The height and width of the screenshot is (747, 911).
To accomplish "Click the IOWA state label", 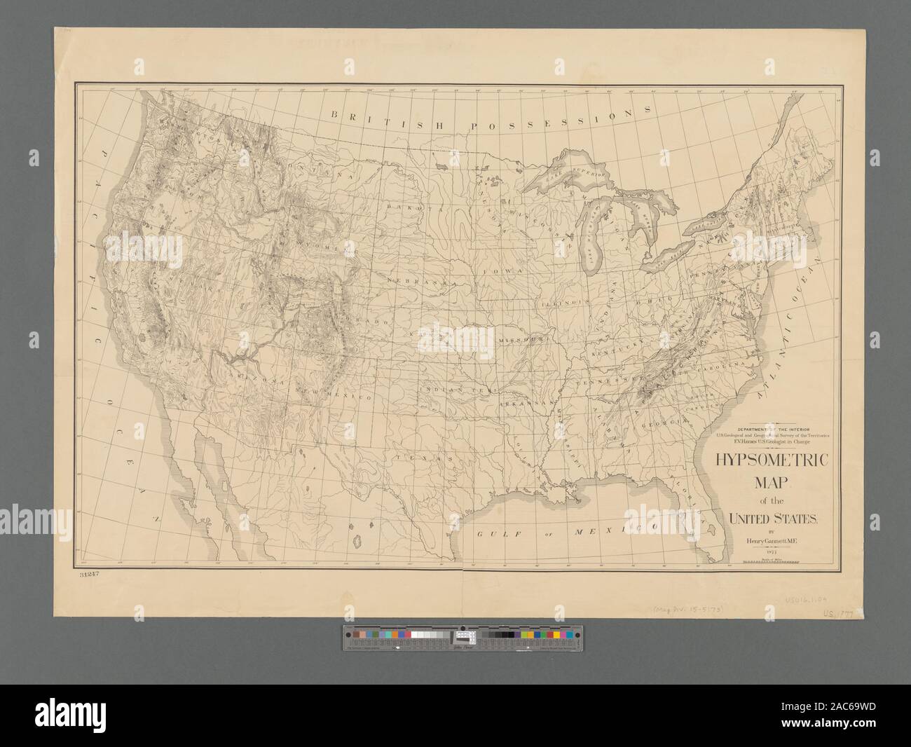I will tap(498, 270).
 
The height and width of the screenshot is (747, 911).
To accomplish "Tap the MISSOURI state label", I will tap(522, 340).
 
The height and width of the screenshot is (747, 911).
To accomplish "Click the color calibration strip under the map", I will tap(467, 637).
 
